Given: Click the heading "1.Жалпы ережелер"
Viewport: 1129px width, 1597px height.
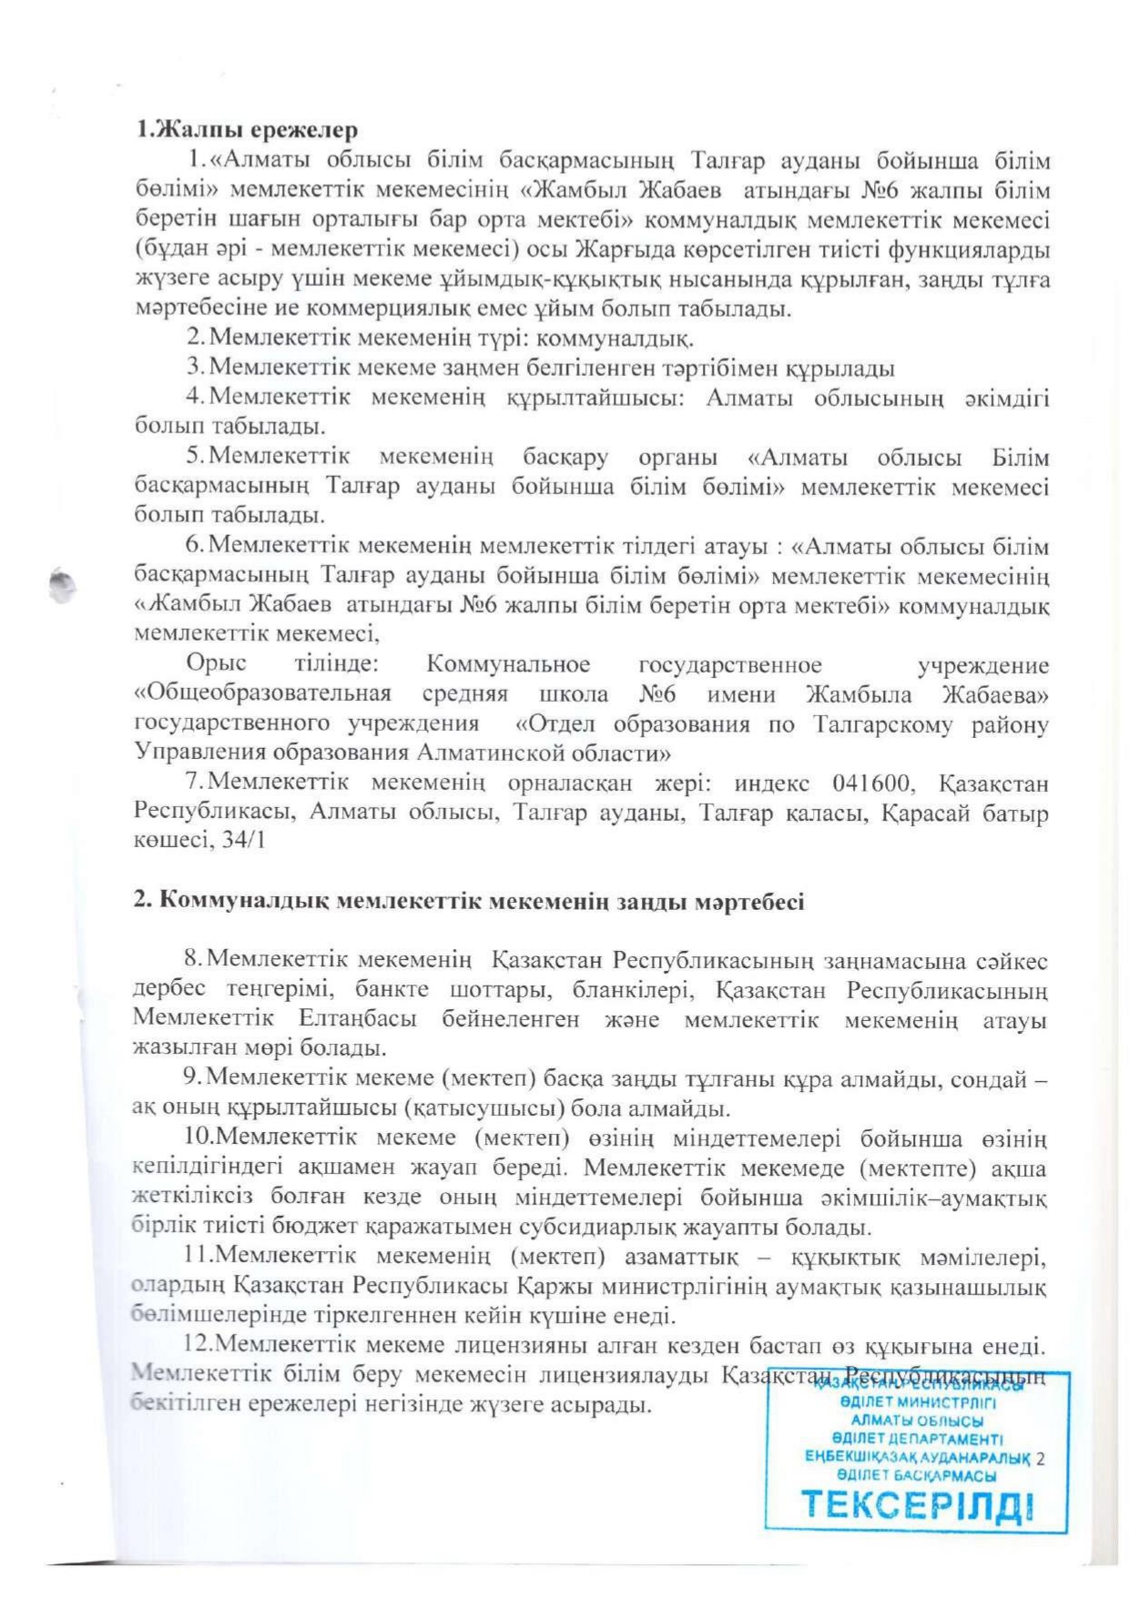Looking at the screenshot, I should coord(247,130).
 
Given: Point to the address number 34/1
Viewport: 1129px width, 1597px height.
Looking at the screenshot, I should coord(243,841).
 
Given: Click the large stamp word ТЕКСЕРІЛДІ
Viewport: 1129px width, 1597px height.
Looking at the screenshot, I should coord(917,1505).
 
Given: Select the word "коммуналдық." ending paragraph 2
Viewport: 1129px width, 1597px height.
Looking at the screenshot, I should coord(616,339).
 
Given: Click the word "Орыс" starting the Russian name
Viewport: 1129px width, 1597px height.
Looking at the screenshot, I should coord(216,665).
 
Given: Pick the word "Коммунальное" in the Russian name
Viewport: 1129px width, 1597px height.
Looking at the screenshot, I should coord(508,665).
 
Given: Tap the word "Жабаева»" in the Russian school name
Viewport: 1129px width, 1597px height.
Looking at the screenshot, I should coord(995,694).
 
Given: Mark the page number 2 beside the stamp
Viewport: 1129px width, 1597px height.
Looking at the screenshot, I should coord(1040,1457).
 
